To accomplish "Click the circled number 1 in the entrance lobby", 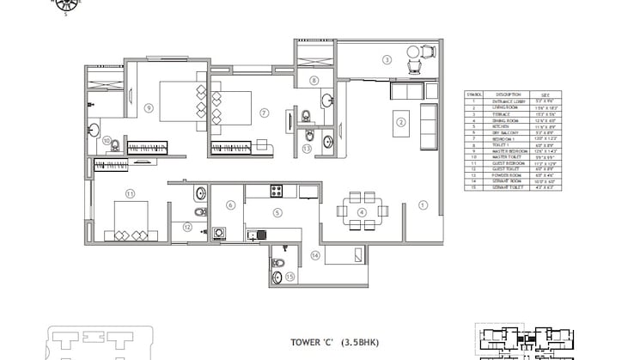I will (x=422, y=205).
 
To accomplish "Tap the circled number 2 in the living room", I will (x=400, y=122).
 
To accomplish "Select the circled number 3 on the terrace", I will (x=387, y=59).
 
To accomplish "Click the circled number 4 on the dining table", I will (x=362, y=211).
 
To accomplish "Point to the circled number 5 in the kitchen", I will (x=277, y=212).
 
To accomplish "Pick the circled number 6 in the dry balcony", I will (x=230, y=204).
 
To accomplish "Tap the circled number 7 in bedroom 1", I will (x=265, y=112).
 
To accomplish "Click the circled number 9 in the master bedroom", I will (x=149, y=107).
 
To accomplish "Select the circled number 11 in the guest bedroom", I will (x=130, y=193).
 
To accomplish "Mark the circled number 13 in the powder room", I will (x=307, y=148).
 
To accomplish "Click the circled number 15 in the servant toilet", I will (x=290, y=276).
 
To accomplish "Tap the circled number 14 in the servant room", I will (x=315, y=255).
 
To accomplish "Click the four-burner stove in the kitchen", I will (x=277, y=191).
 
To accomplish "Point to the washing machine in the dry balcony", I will (x=220, y=232).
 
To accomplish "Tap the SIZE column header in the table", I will (x=546, y=95).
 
